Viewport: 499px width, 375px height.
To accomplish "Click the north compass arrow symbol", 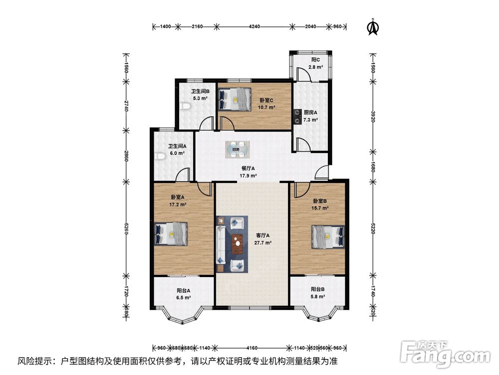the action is [x=373, y=27].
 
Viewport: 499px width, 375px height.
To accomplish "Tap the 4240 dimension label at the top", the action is [x=254, y=26].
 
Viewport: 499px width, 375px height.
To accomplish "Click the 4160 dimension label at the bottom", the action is [x=252, y=347].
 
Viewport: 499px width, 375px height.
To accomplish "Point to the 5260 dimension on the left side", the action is [x=126, y=228].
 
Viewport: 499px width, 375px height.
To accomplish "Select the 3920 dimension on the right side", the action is [x=373, y=116].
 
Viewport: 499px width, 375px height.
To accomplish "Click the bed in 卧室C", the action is [x=235, y=99].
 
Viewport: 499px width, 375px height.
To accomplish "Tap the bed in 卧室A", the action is [x=171, y=233].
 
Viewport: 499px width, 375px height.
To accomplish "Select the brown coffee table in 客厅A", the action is [x=237, y=244].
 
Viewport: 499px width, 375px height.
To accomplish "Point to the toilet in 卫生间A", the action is [x=160, y=156].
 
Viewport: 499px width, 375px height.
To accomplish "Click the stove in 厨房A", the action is [x=297, y=116].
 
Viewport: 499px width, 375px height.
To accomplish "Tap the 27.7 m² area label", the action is [x=263, y=242].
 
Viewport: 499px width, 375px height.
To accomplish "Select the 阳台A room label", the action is [x=184, y=290].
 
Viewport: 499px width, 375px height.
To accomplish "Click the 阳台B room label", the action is [x=318, y=289].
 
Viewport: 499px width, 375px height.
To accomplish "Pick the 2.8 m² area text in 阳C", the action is [x=316, y=67].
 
